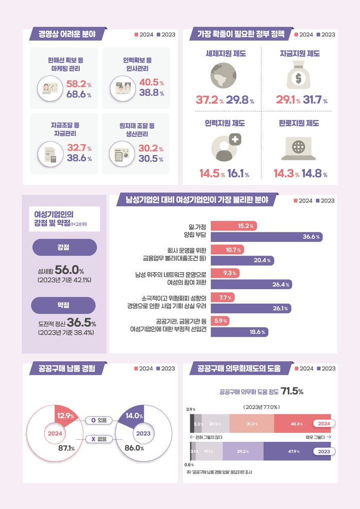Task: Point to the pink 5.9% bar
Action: point(220,321)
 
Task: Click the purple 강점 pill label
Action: point(64,247)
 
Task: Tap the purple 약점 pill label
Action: point(64,305)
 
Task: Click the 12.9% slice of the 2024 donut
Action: point(65,415)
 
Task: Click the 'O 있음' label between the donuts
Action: point(99,420)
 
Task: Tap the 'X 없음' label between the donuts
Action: point(99,439)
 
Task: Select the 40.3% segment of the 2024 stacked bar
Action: point(297,424)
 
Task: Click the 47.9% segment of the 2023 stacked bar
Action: point(294,451)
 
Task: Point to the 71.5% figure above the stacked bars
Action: point(292,391)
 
